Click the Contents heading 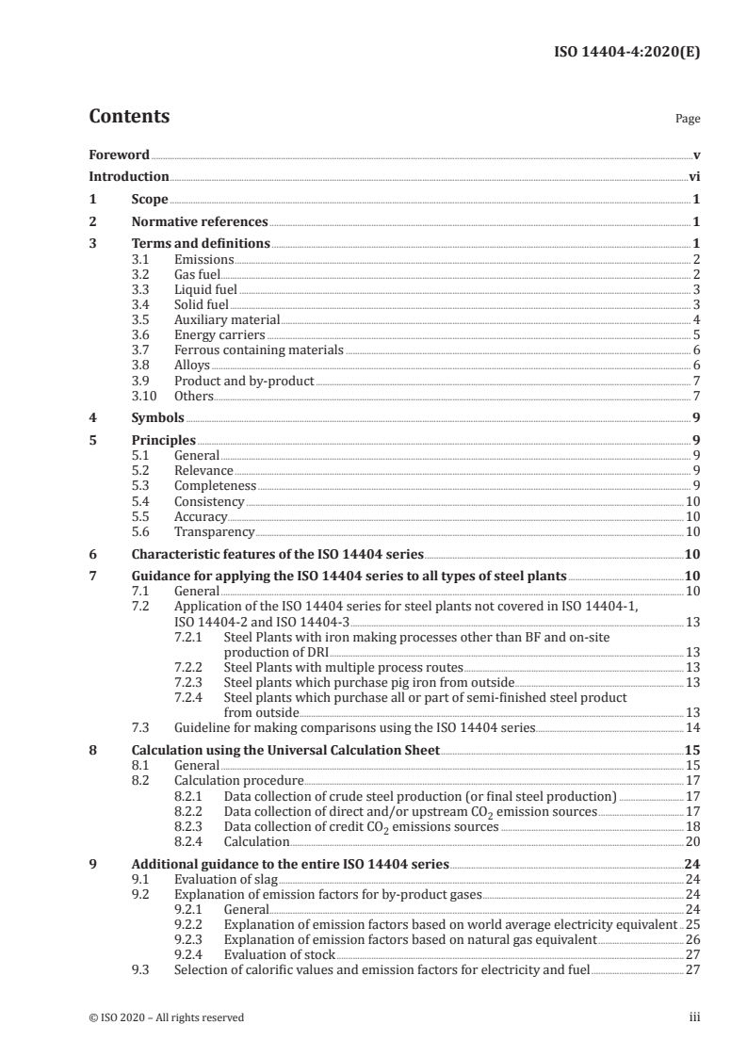[129, 117]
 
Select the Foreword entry [119, 154]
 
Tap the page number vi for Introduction [693, 176]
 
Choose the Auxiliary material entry [227, 319]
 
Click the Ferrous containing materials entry [259, 350]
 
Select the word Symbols [157, 417]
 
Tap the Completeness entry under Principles [216, 486]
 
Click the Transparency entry [214, 531]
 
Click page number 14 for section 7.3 [692, 727]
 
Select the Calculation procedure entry [238, 781]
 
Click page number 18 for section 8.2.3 [692, 826]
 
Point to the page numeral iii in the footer [694, 1017]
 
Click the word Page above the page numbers [688, 120]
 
